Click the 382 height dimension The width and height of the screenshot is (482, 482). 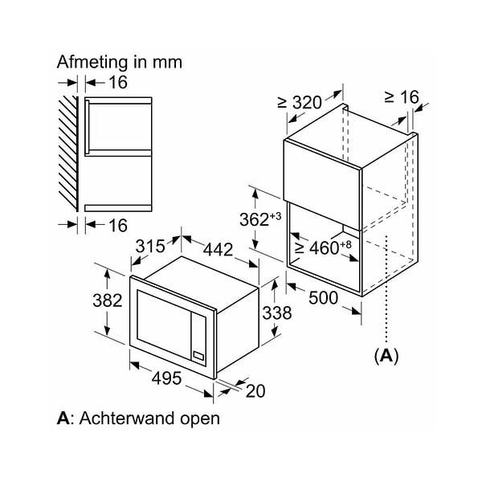coord(108,300)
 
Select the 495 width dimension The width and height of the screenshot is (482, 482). coord(166,378)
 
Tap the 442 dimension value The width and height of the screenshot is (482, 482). coord(218,249)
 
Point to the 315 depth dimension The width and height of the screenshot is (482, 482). coord(150,246)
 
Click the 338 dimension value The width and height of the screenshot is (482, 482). coord(277,313)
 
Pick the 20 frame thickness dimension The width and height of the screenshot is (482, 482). coord(255,391)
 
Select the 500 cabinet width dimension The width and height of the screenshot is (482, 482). coord(323,297)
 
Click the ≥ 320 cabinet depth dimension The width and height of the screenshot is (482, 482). coord(300,102)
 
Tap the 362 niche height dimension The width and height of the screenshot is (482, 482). coord(260,219)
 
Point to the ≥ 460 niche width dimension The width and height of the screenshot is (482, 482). coord(323,247)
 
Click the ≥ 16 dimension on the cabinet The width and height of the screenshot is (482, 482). coord(402,97)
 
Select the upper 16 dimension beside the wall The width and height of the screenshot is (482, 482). coord(118,83)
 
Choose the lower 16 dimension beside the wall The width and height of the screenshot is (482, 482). coord(118,225)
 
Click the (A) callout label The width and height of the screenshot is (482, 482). coord(386,356)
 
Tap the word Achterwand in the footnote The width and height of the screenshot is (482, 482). coord(127,418)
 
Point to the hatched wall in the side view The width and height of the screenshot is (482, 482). coord(68,153)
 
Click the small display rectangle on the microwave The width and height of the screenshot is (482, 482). coord(198,356)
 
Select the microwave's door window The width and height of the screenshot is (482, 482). coord(164,324)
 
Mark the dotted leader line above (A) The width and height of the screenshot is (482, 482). coord(386,289)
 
